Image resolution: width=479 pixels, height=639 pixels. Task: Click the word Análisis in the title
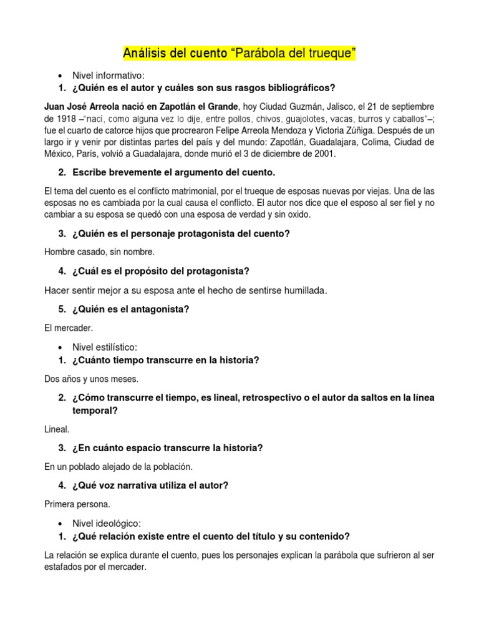tap(145, 54)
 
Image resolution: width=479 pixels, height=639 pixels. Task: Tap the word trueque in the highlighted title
tap(331, 54)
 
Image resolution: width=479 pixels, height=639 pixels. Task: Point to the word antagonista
tap(160, 309)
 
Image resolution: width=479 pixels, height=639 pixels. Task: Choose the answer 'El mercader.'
tap(69, 328)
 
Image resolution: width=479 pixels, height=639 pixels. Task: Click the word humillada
tap(299, 290)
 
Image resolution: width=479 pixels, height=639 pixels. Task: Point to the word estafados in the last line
tap(65, 568)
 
